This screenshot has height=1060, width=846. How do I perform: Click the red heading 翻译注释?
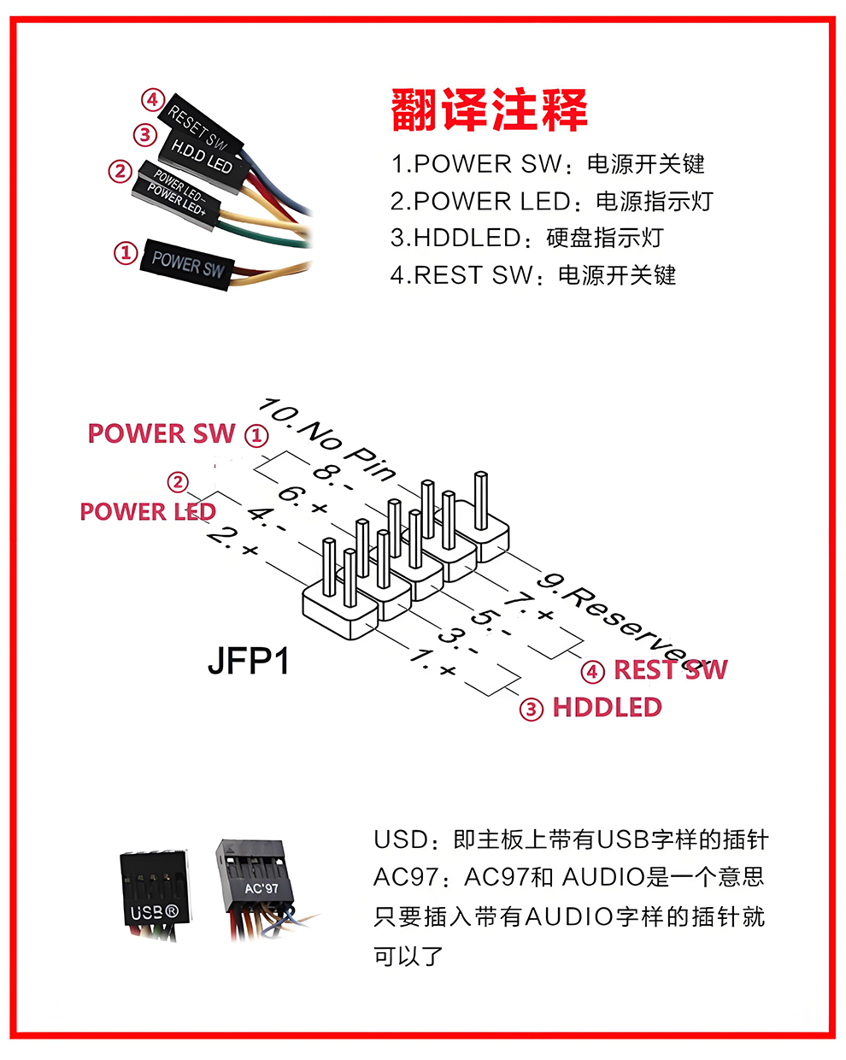click(x=489, y=109)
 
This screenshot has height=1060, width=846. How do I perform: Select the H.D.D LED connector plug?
click(x=202, y=158)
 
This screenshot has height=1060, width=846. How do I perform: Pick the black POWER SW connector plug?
click(x=187, y=264)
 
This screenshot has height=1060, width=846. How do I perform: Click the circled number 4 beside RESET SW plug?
click(x=153, y=99)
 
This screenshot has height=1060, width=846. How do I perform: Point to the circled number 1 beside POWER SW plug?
click(x=126, y=253)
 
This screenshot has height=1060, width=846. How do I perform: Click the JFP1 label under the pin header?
click(x=248, y=661)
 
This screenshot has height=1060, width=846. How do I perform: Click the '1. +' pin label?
click(x=433, y=662)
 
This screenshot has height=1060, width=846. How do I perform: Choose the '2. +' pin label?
click(x=233, y=540)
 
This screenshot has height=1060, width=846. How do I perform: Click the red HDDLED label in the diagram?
click(x=608, y=707)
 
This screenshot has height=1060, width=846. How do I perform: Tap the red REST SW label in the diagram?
click(x=670, y=669)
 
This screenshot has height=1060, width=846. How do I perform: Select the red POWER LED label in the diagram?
click(x=148, y=511)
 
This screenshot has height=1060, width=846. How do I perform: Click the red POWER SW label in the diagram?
click(x=162, y=433)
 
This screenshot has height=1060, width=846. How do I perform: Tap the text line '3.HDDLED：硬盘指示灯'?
click(x=527, y=238)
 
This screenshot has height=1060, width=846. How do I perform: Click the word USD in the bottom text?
click(x=401, y=839)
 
